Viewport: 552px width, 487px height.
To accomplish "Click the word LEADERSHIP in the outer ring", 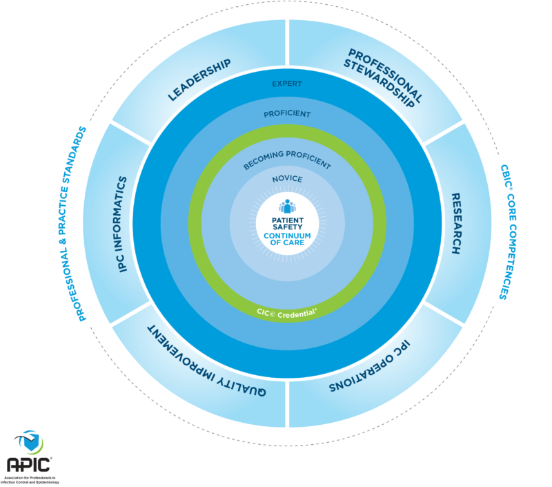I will [199, 81].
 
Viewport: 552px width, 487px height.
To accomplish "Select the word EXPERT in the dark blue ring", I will [287, 84].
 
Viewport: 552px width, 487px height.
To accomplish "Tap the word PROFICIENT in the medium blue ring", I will [287, 113].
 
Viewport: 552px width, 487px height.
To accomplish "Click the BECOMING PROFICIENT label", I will [287, 164].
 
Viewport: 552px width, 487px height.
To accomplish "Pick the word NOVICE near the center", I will [287, 180].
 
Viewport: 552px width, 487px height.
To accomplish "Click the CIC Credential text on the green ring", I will [287, 311].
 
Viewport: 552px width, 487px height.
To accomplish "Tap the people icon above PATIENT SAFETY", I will [287, 207].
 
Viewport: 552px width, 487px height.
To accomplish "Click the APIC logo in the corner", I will [28, 456].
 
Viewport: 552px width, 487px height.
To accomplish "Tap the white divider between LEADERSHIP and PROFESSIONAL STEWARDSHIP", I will [287, 41].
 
